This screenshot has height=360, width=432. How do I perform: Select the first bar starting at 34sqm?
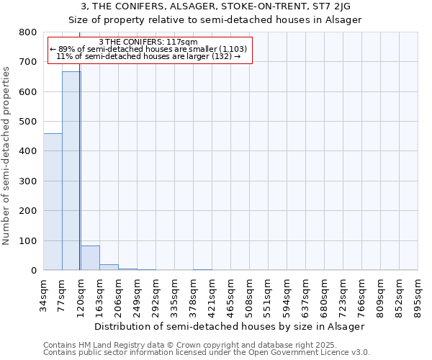pyautogui.click(x=53, y=202)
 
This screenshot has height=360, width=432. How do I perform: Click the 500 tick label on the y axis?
pyautogui.click(x=28, y=122)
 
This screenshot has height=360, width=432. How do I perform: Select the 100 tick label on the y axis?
pyautogui.click(x=28, y=240)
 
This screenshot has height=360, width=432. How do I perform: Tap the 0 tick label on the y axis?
pyautogui.click(x=34, y=271)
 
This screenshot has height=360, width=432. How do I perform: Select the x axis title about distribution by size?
pyautogui.click(x=230, y=326)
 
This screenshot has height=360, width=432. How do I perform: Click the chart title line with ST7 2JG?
pyautogui.click(x=215, y=6)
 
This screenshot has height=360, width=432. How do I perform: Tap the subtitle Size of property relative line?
pyautogui.click(x=215, y=19)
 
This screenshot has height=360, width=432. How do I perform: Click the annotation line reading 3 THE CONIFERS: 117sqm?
pyautogui.click(x=148, y=42)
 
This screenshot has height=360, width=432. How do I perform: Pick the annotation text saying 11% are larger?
pyautogui.click(x=148, y=56)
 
